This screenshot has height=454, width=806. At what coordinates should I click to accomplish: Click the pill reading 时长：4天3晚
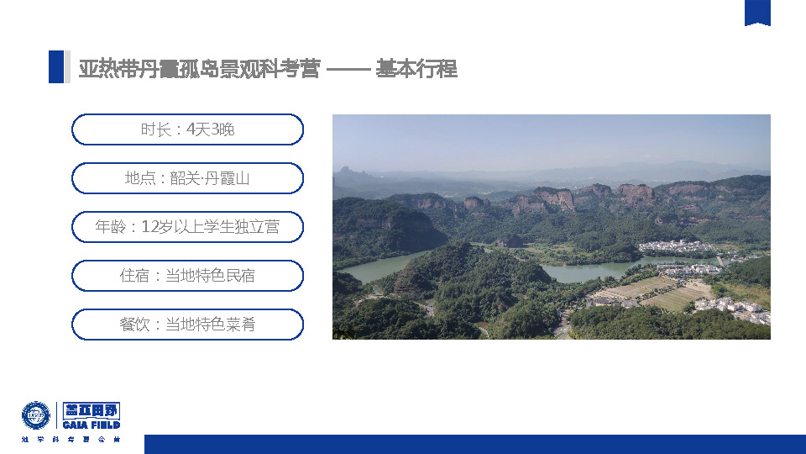pos(187,129)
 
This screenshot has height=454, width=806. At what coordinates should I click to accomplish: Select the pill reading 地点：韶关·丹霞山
pos(187,178)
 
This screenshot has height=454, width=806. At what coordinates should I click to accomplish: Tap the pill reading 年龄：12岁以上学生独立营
pos(187,227)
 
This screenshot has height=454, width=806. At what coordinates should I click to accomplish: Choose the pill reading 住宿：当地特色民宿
pos(187,276)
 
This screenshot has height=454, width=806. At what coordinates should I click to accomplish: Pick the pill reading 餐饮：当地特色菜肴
pos(187,325)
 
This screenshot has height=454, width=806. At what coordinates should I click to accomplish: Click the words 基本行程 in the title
pos(416,68)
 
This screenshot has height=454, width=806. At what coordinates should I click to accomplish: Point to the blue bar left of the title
pos(56,66)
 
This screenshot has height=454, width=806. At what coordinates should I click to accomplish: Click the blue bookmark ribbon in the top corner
pos(757,13)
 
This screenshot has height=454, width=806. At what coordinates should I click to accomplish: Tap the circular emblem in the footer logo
pos(36,415)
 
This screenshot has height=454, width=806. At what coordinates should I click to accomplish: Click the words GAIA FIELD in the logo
pos(92,425)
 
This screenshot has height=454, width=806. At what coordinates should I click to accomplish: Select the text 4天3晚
pos(210,129)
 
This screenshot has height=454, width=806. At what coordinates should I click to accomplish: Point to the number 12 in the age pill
pos(149,227)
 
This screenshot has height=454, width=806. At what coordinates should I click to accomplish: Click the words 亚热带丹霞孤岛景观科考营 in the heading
pos(200,68)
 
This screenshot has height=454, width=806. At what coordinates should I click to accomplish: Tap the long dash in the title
pos(348,69)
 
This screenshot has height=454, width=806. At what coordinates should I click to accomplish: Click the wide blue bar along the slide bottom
pos(475,444)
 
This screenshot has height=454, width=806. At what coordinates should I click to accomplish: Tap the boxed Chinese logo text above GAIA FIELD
pos(92,410)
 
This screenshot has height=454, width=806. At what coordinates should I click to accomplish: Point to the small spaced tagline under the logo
pos(71,440)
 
